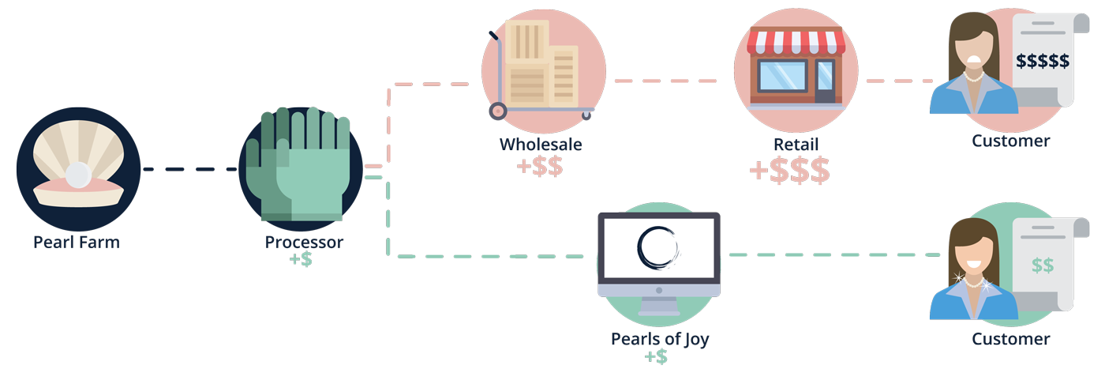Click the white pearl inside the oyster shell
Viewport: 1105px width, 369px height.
click(x=77, y=172)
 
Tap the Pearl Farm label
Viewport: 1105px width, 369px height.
click(x=77, y=242)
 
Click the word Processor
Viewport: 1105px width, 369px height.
click(x=304, y=243)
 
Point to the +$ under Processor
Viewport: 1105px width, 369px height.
click(x=301, y=260)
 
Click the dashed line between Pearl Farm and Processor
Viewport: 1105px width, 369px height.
click(x=189, y=169)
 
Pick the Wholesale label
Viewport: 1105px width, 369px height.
click(x=541, y=145)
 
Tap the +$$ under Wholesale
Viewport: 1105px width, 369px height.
click(x=540, y=167)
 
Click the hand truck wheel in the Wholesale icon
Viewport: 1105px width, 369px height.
click(x=498, y=111)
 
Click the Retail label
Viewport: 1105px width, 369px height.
click(x=796, y=145)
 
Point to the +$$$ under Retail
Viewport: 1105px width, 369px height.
click(x=789, y=170)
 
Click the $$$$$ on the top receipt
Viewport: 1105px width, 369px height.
click(x=1043, y=61)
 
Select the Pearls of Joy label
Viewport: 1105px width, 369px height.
click(x=659, y=339)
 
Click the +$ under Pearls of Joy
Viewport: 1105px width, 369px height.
click(x=657, y=357)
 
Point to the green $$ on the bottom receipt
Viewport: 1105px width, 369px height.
click(x=1042, y=265)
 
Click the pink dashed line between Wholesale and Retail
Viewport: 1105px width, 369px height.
click(x=665, y=81)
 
